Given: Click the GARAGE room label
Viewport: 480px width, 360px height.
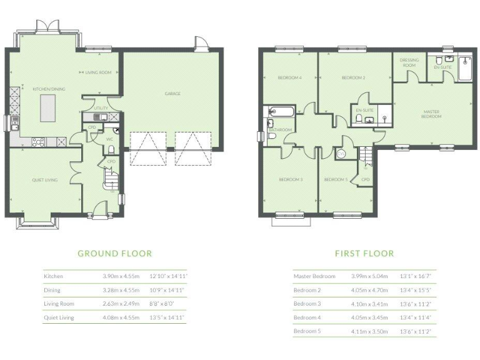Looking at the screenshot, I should (172, 94).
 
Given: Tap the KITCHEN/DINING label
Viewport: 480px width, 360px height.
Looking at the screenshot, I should (49, 89).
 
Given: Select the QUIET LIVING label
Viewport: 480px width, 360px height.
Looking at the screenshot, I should (45, 180).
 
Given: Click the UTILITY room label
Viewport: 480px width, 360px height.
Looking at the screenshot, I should (101, 108).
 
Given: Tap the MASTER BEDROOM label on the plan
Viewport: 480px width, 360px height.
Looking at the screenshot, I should (431, 114).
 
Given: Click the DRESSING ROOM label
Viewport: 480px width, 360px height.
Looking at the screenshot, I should (409, 62).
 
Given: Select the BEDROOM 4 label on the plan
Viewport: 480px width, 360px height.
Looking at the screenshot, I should (290, 77).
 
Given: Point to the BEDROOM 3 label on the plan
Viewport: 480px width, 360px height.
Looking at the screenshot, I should (291, 180).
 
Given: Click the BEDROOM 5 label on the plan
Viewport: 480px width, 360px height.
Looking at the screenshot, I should (336, 180).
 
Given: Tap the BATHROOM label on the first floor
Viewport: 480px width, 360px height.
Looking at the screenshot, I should (280, 130).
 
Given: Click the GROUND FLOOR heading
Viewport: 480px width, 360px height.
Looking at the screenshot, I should (114, 254).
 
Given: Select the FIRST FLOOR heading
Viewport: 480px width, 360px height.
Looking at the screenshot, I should (364, 254).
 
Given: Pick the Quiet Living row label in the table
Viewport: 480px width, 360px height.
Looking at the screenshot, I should (59, 317).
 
